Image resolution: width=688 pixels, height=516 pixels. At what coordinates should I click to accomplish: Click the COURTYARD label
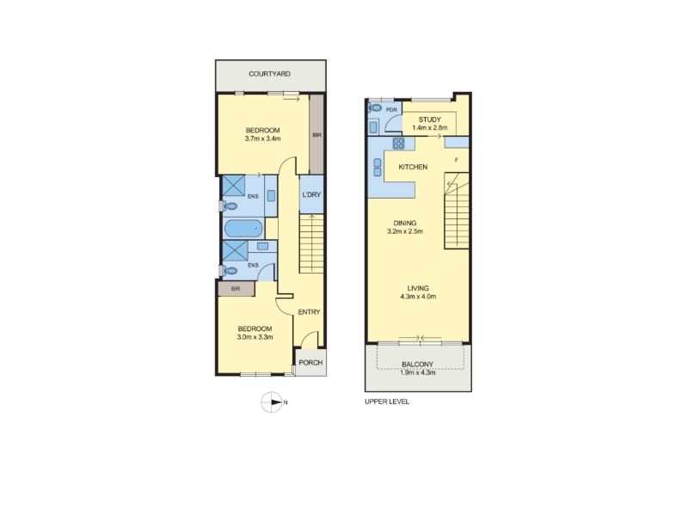(x=269, y=74)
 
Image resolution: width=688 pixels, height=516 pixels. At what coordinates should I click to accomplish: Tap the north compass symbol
(x=272, y=402)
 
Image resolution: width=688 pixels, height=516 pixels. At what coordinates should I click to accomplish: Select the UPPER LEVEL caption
(x=387, y=402)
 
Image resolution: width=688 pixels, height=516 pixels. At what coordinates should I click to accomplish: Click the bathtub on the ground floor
(x=243, y=229)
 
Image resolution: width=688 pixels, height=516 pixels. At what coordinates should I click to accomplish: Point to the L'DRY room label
(x=311, y=194)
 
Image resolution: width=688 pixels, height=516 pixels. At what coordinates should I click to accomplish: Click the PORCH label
(x=310, y=363)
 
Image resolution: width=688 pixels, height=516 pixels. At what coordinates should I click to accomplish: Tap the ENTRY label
(x=309, y=312)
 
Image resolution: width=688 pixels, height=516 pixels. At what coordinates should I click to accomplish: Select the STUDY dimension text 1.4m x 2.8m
(x=430, y=127)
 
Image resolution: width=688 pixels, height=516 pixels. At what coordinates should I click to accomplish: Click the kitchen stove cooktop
(x=398, y=143)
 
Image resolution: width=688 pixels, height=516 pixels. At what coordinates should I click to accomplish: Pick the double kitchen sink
(x=378, y=167)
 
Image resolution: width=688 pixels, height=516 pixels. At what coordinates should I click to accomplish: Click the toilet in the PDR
(x=375, y=107)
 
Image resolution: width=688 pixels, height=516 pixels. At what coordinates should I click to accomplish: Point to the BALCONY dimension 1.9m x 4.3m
(x=418, y=372)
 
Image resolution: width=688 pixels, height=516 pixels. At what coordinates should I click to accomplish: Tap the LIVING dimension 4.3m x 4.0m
(x=418, y=296)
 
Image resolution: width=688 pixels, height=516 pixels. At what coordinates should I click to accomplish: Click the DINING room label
(x=405, y=223)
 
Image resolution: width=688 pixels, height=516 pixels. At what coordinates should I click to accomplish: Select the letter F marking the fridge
(x=457, y=160)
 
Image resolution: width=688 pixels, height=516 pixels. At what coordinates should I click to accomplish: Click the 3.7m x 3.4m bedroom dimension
(x=263, y=138)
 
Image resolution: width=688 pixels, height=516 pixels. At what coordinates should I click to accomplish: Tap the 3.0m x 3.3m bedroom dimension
(x=255, y=337)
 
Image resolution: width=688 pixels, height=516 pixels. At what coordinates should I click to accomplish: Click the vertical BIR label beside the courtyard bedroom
(x=316, y=135)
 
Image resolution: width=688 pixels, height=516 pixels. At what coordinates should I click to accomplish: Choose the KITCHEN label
(x=413, y=167)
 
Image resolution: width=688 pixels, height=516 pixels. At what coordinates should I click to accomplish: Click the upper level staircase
(x=457, y=211)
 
